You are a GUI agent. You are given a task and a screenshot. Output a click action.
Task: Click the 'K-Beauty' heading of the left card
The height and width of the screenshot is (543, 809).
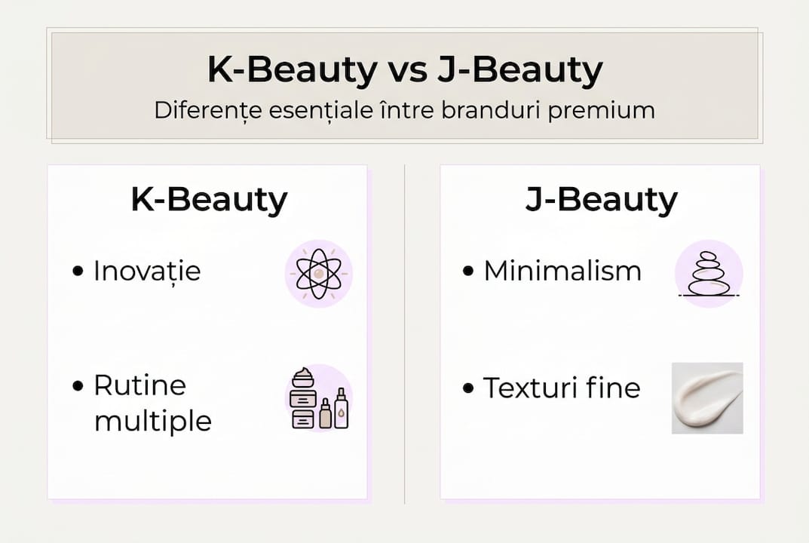coord(209,201)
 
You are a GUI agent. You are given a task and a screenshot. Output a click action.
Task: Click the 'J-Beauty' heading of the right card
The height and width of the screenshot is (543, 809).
coord(601,201)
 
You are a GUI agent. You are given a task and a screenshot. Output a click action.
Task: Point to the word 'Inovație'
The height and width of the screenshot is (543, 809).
coord(147,271)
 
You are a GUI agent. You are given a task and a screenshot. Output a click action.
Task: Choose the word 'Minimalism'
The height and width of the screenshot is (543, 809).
coord(562,271)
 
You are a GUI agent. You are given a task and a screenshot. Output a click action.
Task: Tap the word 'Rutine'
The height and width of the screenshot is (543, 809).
coord(139,385)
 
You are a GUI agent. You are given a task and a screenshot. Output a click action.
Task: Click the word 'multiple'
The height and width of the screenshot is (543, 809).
coord(152,421)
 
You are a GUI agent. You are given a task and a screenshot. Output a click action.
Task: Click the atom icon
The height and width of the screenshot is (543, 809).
coord(318,274)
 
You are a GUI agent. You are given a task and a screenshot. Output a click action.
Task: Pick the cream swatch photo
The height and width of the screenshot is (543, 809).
coord(707,397)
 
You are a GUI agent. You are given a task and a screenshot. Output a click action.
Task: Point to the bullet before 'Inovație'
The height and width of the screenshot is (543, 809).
coord(78,271)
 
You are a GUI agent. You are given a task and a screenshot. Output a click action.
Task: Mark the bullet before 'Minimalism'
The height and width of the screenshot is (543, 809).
coord(468,271)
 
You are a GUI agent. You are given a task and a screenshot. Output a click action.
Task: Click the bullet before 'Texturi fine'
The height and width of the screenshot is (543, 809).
coord(468,388)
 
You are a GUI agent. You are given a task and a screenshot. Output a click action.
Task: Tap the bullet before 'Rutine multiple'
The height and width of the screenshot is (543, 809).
coord(78,386)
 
